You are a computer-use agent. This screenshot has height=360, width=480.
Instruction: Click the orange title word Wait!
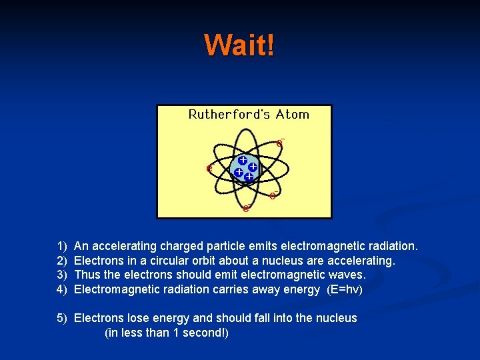(239, 45)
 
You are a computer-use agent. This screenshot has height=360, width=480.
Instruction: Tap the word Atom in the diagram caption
(293, 114)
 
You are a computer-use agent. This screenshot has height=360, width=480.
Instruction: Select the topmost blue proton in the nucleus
(243, 161)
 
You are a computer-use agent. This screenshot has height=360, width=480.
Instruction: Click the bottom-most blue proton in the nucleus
(248, 177)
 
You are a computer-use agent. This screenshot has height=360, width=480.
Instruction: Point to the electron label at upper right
(280, 143)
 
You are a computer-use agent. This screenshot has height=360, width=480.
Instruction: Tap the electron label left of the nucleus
(209, 169)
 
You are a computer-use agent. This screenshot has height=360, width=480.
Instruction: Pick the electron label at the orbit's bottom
(246, 208)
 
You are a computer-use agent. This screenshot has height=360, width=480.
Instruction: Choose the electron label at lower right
(273, 195)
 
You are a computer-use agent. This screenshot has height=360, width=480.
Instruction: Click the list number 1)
(62, 247)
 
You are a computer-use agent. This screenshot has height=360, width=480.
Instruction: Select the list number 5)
(62, 318)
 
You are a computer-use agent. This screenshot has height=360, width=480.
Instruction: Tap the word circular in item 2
(167, 261)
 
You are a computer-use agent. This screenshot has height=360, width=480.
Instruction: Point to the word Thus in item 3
(87, 275)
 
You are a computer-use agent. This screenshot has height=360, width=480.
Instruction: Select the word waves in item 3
(346, 275)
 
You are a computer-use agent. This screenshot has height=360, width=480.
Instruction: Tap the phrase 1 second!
(198, 332)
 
